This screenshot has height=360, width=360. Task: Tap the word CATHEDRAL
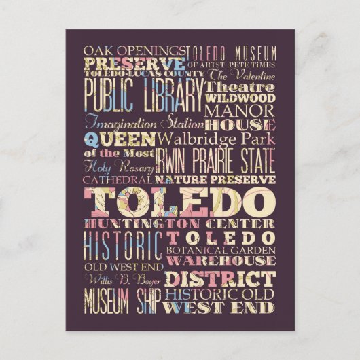(x=119, y=180)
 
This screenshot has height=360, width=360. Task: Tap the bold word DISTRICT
(x=221, y=278)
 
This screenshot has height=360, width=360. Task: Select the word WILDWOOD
(x=240, y=98)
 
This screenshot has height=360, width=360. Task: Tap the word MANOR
(x=240, y=110)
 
